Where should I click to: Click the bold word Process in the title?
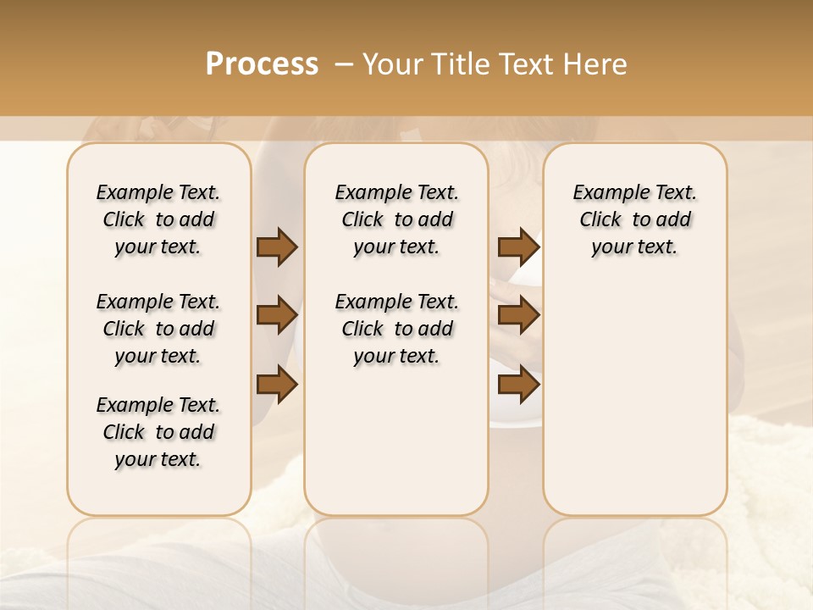pos(262,64)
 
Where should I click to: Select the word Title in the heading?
pos(458,64)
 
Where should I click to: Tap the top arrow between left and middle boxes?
pos(277,247)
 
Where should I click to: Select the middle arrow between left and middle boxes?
pos(277,315)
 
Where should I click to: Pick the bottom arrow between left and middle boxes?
pos(277,385)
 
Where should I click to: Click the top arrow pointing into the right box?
pos(518,247)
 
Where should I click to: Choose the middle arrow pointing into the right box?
pos(518,315)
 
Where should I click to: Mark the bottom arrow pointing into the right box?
pos(518,385)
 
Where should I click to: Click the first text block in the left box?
pos(158,219)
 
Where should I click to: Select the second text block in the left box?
pos(158,329)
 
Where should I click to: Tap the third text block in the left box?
pos(158,432)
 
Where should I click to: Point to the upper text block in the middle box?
pos(396,219)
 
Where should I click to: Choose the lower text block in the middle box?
pos(396,329)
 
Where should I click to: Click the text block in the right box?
pos(634,219)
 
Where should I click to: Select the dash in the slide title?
pos(344,64)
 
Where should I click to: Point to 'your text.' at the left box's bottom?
pos(158,459)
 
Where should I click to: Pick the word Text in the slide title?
pos(526,64)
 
